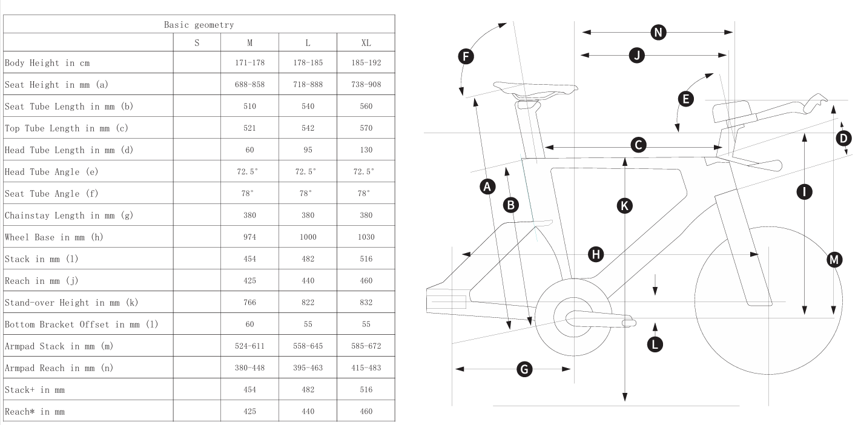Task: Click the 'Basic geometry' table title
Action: pyautogui.click(x=199, y=25)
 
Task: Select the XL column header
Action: pyautogui.click(x=366, y=43)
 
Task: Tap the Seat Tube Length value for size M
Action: pyautogui.click(x=249, y=107)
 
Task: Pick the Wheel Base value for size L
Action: pyautogui.click(x=308, y=237)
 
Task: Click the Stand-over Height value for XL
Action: pyautogui.click(x=366, y=303)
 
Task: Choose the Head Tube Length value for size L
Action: pyautogui.click(x=308, y=150)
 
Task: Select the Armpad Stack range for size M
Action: pyautogui.click(x=249, y=346)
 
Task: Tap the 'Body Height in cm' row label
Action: pyautogui.click(x=48, y=63)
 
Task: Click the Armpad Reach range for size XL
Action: pyautogui.click(x=366, y=368)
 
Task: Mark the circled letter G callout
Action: pyautogui.click(x=525, y=369)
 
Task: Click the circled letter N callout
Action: pyautogui.click(x=658, y=32)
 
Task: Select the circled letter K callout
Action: pyautogui.click(x=624, y=205)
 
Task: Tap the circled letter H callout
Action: pyautogui.click(x=596, y=254)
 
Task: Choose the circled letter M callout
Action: pyautogui.click(x=834, y=260)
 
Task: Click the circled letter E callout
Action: pyautogui.click(x=685, y=99)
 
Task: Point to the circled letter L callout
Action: pyautogui.click(x=655, y=344)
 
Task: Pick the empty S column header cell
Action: pyautogui.click(x=197, y=43)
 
